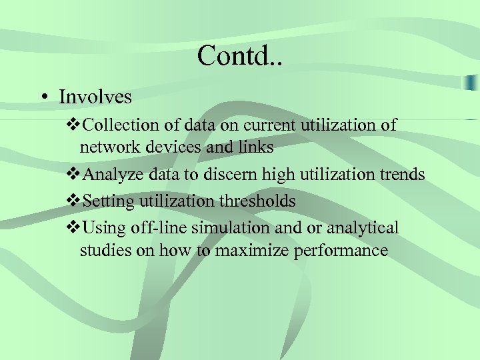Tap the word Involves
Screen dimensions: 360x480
pyautogui.click(x=95, y=97)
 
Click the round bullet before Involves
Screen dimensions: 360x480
pyautogui.click(x=42, y=97)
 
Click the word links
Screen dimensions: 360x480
pyautogui.click(x=254, y=147)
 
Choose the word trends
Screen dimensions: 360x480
pyautogui.click(x=400, y=175)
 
